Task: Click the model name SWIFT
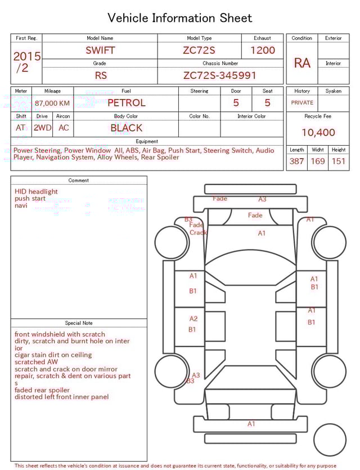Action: (100, 50)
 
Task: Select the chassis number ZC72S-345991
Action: (220, 75)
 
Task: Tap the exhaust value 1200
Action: (263, 50)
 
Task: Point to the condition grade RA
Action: (302, 63)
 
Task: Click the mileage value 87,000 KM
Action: (52, 104)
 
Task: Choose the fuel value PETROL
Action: (126, 103)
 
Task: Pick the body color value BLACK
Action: (126, 128)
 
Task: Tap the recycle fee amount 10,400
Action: (318, 133)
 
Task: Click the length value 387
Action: (296, 162)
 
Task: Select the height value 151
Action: (338, 162)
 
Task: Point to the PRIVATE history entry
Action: (302, 103)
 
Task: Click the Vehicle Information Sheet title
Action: (180, 18)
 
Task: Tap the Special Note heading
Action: (79, 323)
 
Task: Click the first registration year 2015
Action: (26, 57)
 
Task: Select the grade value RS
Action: (100, 75)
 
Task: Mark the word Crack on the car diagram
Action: (198, 232)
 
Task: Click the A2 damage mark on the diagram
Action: (193, 319)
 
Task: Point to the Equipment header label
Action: (147, 141)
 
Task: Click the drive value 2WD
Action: (42, 128)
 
